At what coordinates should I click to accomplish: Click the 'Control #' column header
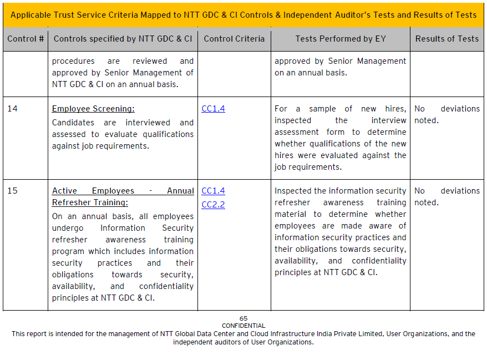(x=26, y=39)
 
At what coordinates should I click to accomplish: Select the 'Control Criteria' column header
(x=234, y=39)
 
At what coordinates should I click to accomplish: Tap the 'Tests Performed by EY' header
(x=341, y=39)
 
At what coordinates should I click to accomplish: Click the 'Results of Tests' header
(x=447, y=39)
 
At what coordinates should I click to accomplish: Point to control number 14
(x=12, y=109)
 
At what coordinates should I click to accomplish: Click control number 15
(x=12, y=191)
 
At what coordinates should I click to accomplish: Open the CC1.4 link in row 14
(x=213, y=109)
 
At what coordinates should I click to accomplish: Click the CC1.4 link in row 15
(x=213, y=191)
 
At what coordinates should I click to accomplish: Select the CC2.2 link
(x=213, y=205)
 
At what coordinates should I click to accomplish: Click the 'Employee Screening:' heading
(x=93, y=109)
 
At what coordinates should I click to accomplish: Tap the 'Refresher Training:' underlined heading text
(x=90, y=202)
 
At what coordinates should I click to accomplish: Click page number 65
(x=243, y=318)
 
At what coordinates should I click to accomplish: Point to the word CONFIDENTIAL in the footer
(x=243, y=326)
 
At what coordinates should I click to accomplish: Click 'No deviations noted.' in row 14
(x=447, y=114)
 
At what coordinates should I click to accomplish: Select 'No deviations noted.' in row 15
(x=447, y=196)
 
